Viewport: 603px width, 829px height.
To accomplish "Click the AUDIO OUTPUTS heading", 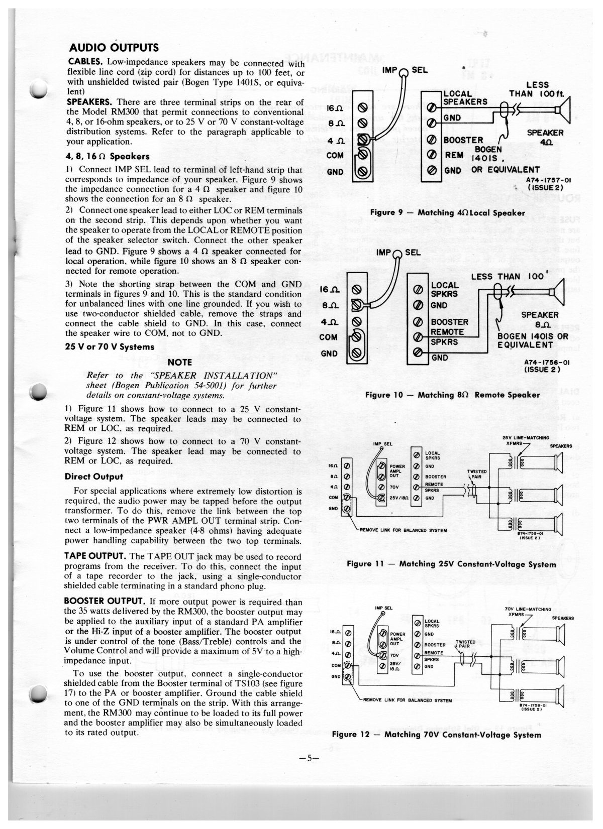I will coord(113,48).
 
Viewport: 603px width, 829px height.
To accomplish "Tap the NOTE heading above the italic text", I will coord(179,362).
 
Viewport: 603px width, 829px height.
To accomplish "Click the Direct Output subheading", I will coord(94,477).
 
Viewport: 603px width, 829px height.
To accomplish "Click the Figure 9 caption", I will coord(447,213).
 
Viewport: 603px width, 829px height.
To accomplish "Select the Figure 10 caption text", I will coord(452,395).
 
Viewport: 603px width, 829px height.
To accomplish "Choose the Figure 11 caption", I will coord(451,564).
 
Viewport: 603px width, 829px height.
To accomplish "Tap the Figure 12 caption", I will coord(436,735).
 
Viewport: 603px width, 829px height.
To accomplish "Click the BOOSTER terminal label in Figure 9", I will coord(463,140).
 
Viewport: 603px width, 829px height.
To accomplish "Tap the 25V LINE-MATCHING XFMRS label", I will coord(525,440).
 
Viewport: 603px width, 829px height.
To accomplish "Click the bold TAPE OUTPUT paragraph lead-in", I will coord(95,556).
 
